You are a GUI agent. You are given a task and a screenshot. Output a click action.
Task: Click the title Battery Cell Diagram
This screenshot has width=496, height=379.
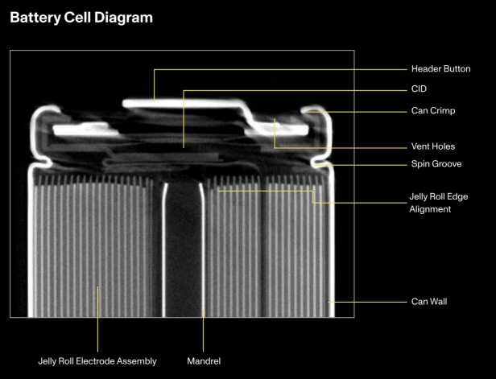(81, 17)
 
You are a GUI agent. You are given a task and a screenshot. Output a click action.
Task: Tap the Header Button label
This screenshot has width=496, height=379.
(440, 69)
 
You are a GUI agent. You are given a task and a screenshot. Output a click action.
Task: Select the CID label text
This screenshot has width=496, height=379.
(419, 89)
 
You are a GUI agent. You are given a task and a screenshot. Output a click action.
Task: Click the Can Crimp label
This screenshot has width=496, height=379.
(433, 111)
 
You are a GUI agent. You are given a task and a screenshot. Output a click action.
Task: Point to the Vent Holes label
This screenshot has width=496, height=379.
(432, 146)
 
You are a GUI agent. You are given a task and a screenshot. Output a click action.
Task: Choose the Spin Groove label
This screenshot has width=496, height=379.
(436, 164)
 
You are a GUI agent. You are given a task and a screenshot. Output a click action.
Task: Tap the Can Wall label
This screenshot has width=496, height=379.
(428, 302)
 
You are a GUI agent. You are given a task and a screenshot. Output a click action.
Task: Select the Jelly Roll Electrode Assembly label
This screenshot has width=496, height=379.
(97, 361)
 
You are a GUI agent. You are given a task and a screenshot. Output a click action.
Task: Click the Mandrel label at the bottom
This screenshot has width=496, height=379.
(203, 361)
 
